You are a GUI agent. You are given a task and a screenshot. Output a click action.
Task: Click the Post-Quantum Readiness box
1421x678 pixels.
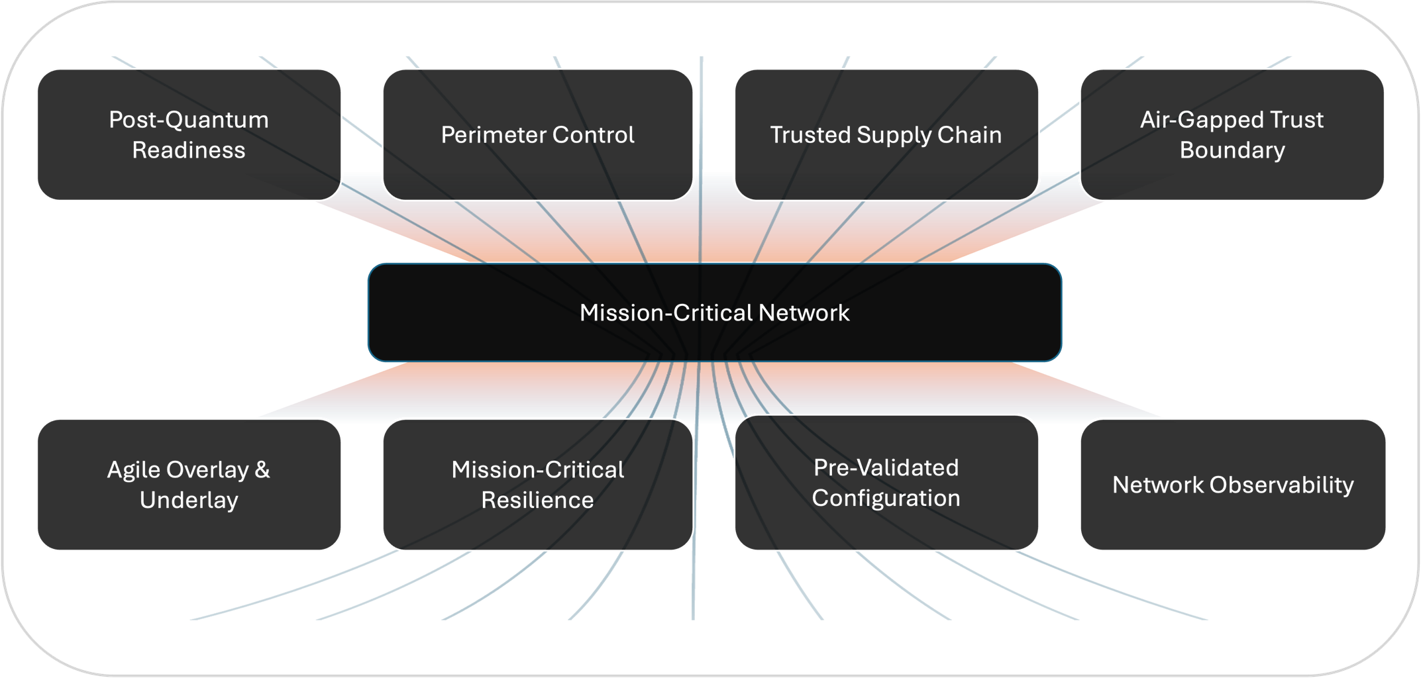pyautogui.click(x=189, y=134)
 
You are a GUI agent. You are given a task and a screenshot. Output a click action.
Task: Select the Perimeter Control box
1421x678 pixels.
pyautogui.click(x=537, y=134)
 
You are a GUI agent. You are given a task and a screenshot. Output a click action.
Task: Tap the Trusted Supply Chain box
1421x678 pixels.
pyautogui.click(x=886, y=134)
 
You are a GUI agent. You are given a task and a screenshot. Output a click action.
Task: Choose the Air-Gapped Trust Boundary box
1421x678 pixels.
pyautogui.click(x=1232, y=134)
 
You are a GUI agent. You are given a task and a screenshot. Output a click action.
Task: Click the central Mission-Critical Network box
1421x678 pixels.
pyautogui.click(x=714, y=313)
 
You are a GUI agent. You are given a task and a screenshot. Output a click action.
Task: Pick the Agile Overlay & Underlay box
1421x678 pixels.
pyautogui.click(x=189, y=485)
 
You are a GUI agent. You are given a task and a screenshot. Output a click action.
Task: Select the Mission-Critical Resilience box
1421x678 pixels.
pyautogui.click(x=537, y=485)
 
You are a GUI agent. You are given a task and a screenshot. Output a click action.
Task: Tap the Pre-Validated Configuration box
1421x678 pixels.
pyautogui.click(x=886, y=483)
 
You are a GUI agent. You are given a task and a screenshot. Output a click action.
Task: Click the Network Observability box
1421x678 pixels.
pyautogui.click(x=1232, y=485)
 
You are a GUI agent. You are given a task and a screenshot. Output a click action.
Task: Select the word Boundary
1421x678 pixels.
pyautogui.click(x=1232, y=150)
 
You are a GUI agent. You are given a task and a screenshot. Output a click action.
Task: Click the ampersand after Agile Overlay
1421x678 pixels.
pyautogui.click(x=262, y=470)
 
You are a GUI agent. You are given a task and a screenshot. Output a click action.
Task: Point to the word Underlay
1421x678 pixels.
pyautogui.click(x=189, y=501)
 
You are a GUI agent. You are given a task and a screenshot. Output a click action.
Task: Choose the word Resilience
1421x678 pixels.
pyautogui.click(x=537, y=501)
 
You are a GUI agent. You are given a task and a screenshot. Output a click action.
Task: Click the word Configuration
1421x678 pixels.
pyautogui.click(x=886, y=498)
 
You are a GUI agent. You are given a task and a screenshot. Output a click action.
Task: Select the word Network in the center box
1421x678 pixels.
pyautogui.click(x=804, y=313)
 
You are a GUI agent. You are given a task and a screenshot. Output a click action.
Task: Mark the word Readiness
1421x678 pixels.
pyautogui.click(x=189, y=150)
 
